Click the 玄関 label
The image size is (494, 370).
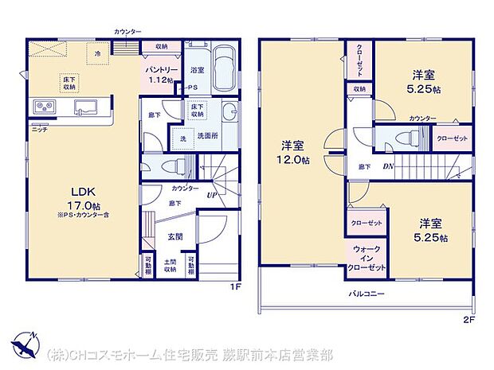[x=176, y=236]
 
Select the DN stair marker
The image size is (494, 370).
[x=387, y=166]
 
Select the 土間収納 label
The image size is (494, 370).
[x=170, y=267]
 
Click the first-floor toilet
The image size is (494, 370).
[x=170, y=166]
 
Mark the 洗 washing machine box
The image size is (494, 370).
[x=182, y=139]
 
